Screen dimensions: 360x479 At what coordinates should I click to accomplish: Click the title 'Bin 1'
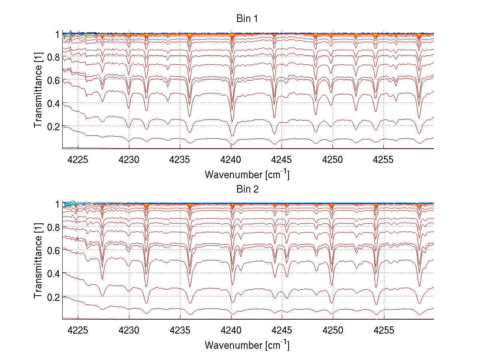point(247,19)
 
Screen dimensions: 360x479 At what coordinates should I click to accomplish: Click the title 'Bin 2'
point(247,189)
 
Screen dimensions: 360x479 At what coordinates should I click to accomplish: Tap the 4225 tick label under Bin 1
point(78,159)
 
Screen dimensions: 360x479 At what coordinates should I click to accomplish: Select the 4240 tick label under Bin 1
point(231,159)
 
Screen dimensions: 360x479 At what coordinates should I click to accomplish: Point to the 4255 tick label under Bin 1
point(384,159)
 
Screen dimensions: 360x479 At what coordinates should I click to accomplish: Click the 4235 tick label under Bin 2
point(180,330)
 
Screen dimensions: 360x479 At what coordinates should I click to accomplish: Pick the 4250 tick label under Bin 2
point(333,330)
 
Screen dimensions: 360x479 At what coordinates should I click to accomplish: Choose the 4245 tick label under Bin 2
point(282,330)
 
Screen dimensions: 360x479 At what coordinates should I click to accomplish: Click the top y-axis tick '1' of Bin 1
point(57,34)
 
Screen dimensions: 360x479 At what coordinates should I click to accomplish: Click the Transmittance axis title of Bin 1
point(38,91)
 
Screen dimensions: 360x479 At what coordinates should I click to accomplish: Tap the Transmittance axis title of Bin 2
point(38,262)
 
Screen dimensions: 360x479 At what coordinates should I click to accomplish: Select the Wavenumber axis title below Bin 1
point(247,174)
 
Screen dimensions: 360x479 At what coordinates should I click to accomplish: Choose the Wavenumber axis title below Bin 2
point(247,345)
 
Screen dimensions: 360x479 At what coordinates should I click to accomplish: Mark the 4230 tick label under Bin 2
point(129,330)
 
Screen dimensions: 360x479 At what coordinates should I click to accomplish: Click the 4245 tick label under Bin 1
point(282,159)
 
